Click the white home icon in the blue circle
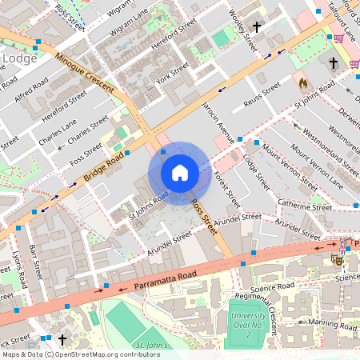click(x=180, y=173)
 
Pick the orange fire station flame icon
click(x=302, y=82)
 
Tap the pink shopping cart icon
click(x=339, y=38)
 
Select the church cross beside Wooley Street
click(x=257, y=27)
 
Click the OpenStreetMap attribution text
click(x=81, y=354)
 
